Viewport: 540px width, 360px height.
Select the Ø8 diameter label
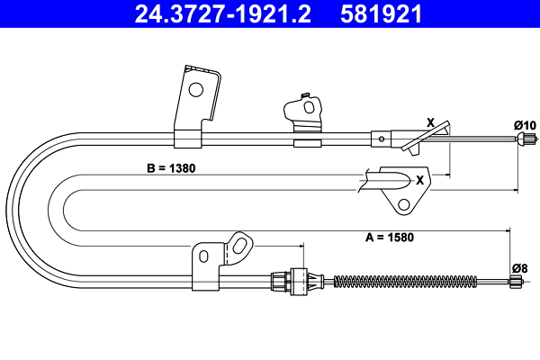(519, 267)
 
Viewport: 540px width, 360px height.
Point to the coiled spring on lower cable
(405, 280)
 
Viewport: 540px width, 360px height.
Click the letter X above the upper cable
(430, 121)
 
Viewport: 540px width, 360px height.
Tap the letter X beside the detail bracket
(419, 178)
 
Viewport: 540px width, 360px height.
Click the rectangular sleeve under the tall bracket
(187, 138)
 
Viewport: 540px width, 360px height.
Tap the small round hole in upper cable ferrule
(382, 139)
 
